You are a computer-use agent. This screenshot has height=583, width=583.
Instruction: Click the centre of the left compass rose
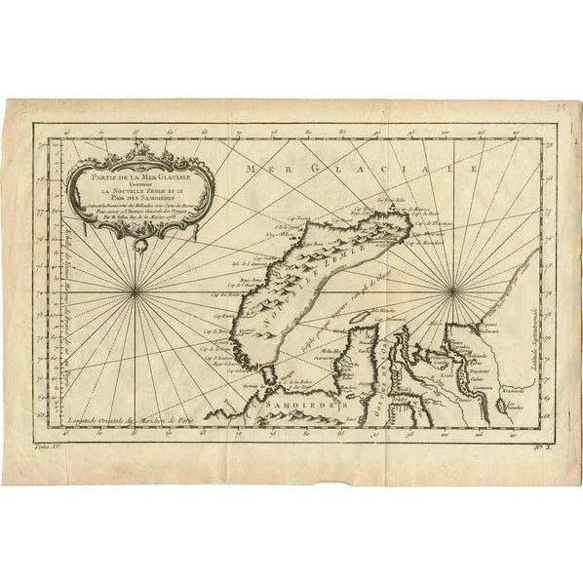pos(140,289)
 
